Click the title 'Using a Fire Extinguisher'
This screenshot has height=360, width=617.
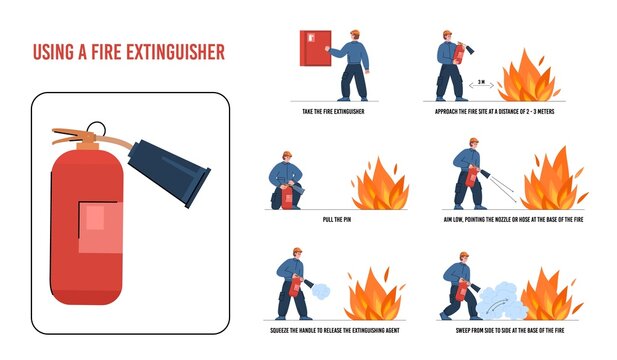tap(129, 51)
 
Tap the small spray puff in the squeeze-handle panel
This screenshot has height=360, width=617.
tap(321, 290)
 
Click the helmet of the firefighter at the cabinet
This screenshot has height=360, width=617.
tap(354, 35)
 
